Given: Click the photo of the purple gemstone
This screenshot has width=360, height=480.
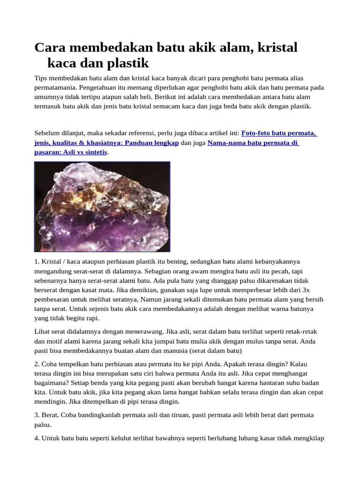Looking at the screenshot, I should (x=102, y=207).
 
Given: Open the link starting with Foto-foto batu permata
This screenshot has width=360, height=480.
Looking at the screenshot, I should (x=279, y=133).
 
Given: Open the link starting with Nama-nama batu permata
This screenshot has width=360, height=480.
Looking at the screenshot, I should (x=253, y=142).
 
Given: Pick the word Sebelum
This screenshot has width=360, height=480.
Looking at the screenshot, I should (x=46, y=133).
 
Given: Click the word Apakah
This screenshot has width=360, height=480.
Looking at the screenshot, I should (x=238, y=364).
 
